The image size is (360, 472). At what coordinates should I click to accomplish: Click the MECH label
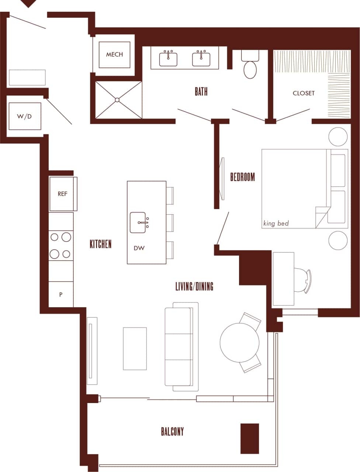click(114, 55)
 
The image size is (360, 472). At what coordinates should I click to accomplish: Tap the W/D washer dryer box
click(25, 117)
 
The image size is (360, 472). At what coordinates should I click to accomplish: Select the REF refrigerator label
click(62, 194)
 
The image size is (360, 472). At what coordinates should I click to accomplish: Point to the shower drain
click(117, 100)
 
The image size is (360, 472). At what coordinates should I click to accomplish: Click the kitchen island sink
click(139, 223)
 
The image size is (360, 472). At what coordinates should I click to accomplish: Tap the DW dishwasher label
click(139, 248)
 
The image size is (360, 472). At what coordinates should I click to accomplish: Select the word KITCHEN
click(100, 244)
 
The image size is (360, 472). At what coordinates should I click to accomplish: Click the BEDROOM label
click(242, 177)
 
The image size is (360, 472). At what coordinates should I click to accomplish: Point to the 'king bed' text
click(276, 223)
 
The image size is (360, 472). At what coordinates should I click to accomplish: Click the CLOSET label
click(304, 93)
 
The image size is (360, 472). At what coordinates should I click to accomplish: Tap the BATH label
click(201, 91)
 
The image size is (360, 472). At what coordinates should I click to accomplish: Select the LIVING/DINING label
click(194, 286)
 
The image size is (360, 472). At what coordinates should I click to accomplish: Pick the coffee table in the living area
click(135, 348)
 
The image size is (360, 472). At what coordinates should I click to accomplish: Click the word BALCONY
click(172, 431)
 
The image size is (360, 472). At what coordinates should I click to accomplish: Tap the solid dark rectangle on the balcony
click(250, 438)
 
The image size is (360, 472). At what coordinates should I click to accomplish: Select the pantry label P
click(61, 295)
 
